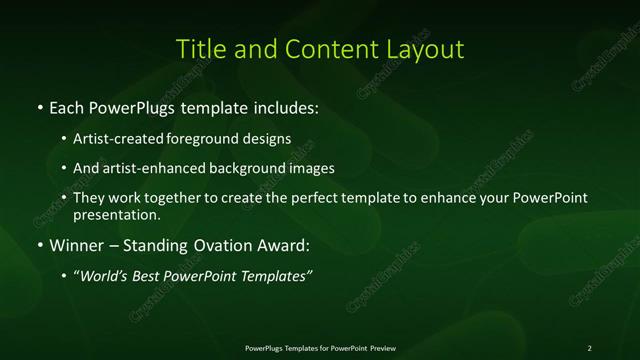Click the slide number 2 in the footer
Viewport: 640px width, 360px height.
[x=590, y=347]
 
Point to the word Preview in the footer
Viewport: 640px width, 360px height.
[x=382, y=347]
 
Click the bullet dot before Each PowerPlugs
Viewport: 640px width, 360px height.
[x=39, y=106]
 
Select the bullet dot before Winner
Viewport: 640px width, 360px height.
[x=39, y=245]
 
